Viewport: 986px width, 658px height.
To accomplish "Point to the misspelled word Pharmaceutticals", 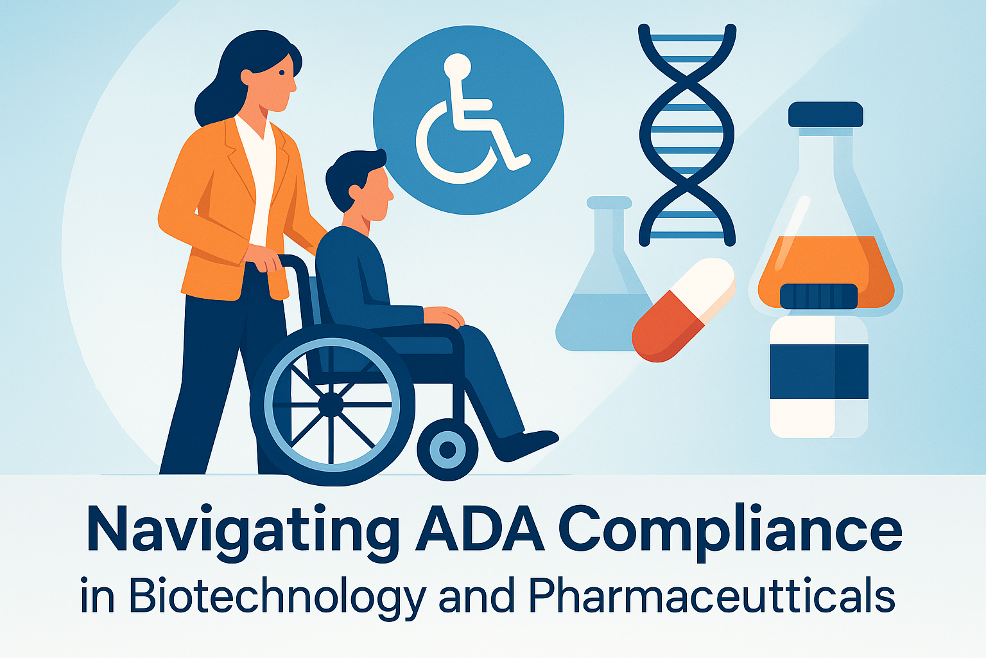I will tap(712, 596).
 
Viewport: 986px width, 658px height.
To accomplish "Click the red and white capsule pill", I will tap(683, 310).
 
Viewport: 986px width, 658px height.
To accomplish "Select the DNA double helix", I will tap(688, 135).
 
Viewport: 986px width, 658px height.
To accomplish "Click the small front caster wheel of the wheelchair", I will tap(447, 449).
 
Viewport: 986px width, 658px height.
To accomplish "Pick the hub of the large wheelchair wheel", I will tap(331, 404).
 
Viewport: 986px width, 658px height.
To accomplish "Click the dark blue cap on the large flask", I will tap(826, 114).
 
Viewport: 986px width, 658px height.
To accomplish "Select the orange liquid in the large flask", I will tap(826, 267).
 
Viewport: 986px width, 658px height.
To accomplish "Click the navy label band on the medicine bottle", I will tap(818, 371).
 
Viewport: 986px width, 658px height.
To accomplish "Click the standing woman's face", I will tap(280, 80).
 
